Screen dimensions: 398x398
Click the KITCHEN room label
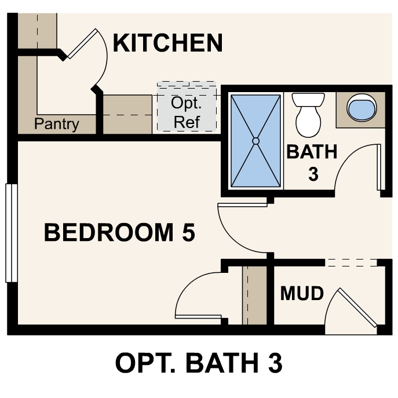coord(167,43)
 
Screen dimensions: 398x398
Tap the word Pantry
coord(56,124)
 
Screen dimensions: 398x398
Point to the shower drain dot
coord(255,140)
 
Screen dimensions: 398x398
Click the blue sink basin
coord(361,108)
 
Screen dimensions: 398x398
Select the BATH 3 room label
coord(312,162)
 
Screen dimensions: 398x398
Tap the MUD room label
coord(302,294)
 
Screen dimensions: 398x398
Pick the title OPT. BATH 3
coord(199,363)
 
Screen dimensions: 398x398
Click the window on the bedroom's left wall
coord(9,232)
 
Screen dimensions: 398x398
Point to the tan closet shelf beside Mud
coord(254,295)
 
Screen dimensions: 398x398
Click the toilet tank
coord(308,100)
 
